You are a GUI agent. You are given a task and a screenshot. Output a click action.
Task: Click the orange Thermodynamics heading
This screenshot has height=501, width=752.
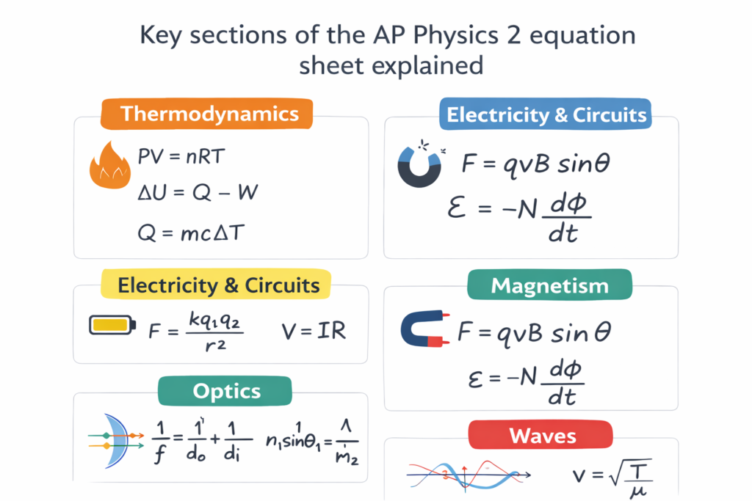coord(209,114)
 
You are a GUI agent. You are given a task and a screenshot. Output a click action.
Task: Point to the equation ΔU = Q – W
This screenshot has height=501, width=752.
coord(198,194)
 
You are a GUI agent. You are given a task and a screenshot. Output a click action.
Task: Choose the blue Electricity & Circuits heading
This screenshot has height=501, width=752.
coord(546,115)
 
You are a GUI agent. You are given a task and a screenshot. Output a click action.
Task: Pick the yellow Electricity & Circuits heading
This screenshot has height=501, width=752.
coord(218,285)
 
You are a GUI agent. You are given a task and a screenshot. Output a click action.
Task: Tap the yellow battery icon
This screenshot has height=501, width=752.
coord(112,325)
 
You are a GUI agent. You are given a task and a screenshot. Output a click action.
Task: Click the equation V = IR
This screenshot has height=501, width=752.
coord(314,331)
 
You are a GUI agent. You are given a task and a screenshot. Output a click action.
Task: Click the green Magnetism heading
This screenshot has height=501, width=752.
coord(549,285)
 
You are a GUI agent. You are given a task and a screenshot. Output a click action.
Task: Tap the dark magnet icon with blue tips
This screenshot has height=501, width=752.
coord(419,163)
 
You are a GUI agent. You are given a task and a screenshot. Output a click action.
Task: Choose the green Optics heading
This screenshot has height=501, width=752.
coord(226,391)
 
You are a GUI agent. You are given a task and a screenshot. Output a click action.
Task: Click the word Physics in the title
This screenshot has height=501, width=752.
coord(438,36)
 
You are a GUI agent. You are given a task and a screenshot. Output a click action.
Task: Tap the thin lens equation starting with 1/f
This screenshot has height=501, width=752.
coord(200,441)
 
